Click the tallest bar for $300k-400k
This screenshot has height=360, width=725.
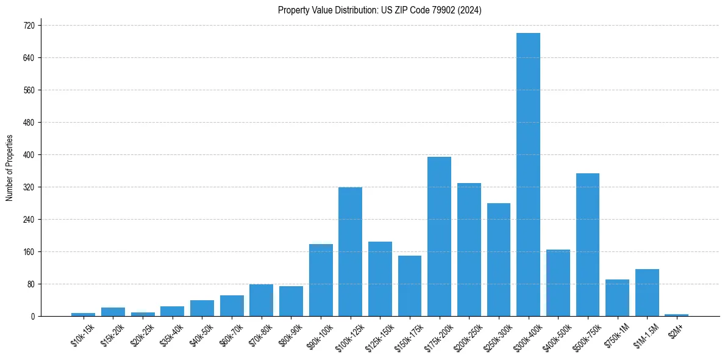[528, 175]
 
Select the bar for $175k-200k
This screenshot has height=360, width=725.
[439, 237]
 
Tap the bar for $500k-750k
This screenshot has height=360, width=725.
[587, 245]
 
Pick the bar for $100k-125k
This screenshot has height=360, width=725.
[350, 251]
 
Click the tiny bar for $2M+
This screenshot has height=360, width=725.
[676, 315]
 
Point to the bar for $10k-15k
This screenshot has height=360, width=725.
[84, 314]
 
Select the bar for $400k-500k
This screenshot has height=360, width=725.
[558, 283]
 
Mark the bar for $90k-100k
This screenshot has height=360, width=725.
[321, 280]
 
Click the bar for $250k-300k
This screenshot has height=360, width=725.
[498, 260]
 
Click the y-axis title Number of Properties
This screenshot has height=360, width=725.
[9, 168]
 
